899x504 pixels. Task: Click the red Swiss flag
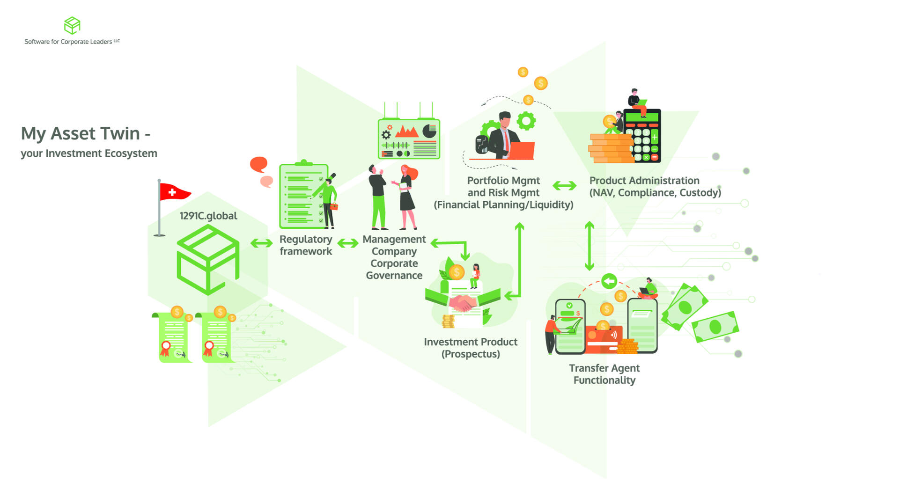tap(174, 192)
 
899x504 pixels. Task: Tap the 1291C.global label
tap(208, 216)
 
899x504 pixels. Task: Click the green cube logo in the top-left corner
tap(72, 25)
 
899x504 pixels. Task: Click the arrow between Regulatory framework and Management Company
tap(347, 243)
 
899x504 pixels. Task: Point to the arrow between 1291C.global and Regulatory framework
tap(261, 243)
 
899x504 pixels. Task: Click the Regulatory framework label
tap(306, 245)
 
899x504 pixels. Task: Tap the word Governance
tap(394, 276)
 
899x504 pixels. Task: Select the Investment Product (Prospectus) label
tap(471, 348)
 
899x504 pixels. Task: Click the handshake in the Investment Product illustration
tap(463, 303)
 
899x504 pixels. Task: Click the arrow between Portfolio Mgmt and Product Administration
tap(564, 186)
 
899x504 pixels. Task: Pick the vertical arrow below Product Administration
tap(590, 246)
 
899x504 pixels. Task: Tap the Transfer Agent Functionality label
tap(604, 374)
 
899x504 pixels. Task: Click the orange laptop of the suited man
tap(522, 150)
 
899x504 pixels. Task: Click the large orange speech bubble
tap(258, 164)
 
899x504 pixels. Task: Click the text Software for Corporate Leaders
tap(68, 42)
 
